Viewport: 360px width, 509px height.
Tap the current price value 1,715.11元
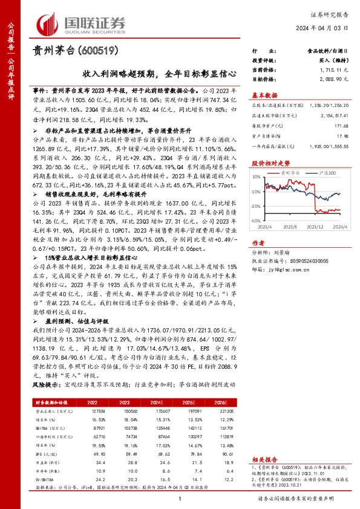332,71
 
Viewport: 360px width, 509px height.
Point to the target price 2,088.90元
332,79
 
